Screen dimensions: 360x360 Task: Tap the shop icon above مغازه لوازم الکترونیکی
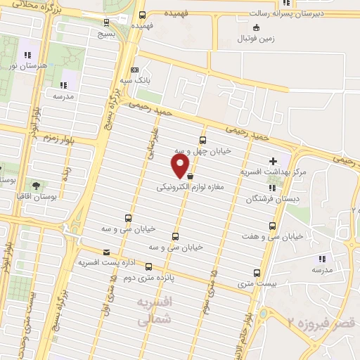[191, 178]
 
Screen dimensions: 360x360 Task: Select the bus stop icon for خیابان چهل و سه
[203, 140]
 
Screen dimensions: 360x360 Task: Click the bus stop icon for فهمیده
[143, 14]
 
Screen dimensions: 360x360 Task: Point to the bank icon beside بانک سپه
[135, 70]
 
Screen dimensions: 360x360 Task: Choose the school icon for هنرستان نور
[27, 55]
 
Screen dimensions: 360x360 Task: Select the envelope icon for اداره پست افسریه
[106, 252]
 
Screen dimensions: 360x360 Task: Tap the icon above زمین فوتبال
[256, 27]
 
